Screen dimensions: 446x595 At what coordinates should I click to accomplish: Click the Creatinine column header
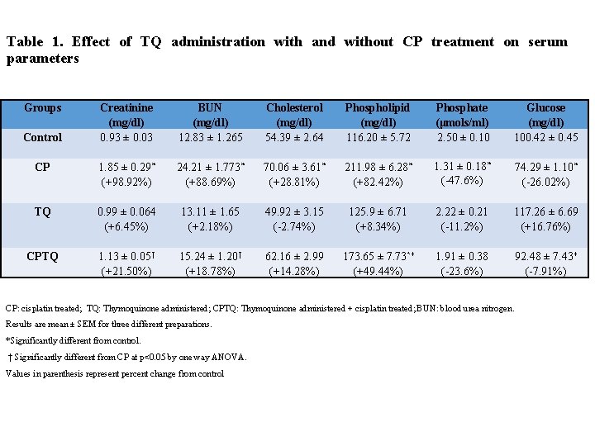(125, 115)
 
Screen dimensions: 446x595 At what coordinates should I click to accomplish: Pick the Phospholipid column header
(377, 115)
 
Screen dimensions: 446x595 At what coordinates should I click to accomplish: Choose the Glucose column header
(545, 115)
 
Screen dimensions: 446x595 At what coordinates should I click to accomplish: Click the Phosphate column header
(461, 115)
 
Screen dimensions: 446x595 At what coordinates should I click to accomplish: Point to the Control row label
(42, 137)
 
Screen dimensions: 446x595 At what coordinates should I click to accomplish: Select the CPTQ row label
(42, 257)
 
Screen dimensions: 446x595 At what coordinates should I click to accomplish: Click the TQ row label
(42, 212)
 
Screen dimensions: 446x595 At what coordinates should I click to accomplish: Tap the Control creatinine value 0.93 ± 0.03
(125, 137)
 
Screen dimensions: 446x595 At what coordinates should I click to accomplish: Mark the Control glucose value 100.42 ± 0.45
(545, 137)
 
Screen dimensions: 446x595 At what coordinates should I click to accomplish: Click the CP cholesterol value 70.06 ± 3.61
(293, 167)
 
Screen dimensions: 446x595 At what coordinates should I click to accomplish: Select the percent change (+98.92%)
(125, 181)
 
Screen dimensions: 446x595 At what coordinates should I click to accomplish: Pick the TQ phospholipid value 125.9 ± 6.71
(377, 212)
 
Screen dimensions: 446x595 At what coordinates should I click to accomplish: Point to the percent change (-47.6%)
(461, 181)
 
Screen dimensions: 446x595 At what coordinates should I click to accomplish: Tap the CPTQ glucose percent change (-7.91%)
(545, 271)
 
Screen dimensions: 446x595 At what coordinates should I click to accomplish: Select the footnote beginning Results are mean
(108, 324)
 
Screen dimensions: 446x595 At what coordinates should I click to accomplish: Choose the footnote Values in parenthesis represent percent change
(114, 373)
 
